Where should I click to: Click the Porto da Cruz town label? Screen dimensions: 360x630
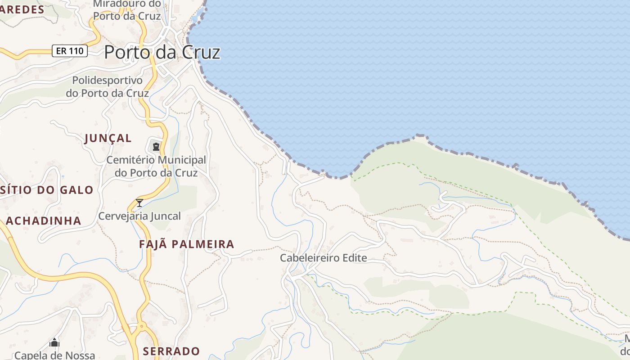(162, 52)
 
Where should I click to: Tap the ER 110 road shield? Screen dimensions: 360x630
(70, 51)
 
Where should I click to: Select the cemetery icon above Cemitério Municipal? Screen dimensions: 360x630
(156, 146)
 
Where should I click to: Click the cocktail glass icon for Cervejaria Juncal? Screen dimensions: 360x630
(139, 202)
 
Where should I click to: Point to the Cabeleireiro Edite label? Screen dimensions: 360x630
(323, 258)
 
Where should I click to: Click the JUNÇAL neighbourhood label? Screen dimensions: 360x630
(108, 138)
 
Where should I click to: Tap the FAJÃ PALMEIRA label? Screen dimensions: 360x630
(186, 244)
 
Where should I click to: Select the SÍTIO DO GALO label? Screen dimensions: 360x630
(47, 190)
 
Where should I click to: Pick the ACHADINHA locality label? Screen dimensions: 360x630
(44, 221)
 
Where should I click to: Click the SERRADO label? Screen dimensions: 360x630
(171, 351)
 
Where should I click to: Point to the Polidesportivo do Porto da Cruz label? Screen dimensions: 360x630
(107, 87)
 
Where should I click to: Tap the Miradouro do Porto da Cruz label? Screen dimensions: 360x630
(127, 10)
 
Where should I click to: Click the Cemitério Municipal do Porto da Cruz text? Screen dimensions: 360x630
(156, 166)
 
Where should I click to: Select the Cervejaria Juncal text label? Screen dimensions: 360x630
(139, 216)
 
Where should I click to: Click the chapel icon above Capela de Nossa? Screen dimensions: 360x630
(54, 342)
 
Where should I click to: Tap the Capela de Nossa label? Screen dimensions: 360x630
(54, 355)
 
